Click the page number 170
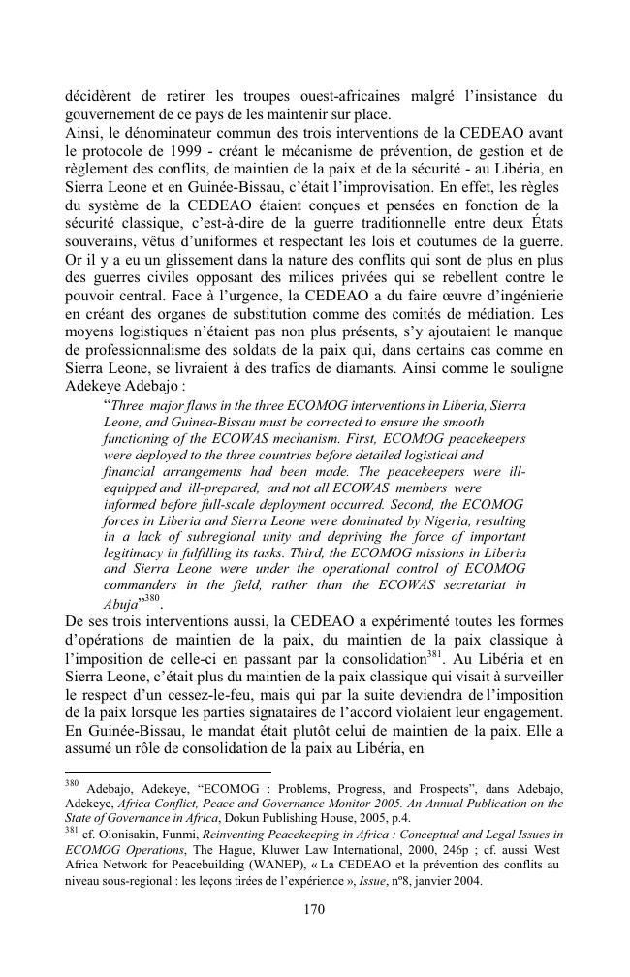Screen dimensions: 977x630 click(315, 909)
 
